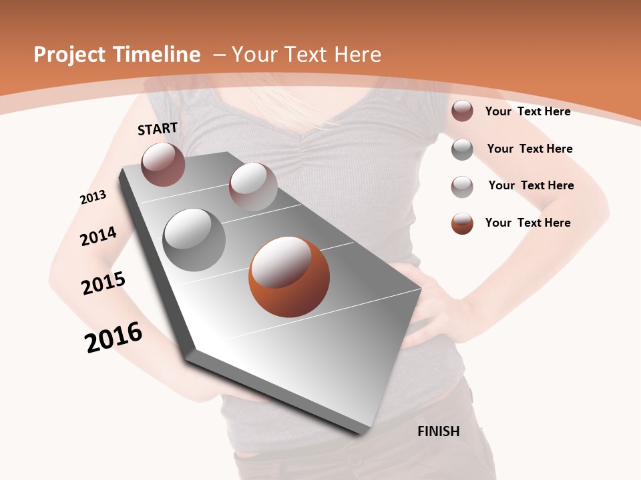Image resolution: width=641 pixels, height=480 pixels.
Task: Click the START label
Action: [158, 129]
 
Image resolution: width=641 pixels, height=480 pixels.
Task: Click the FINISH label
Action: [438, 431]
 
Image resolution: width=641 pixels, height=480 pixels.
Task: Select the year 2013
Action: [93, 197]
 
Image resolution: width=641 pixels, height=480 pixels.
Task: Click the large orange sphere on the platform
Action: [289, 277]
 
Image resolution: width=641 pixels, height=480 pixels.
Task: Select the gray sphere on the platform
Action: [194, 240]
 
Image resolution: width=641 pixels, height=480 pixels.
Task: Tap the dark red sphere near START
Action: [163, 164]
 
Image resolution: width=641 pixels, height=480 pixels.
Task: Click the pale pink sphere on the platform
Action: [253, 187]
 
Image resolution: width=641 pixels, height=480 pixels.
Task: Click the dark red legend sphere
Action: [462, 111]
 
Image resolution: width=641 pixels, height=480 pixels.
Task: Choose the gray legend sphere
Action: [462, 149]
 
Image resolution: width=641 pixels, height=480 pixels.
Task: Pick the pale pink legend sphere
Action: [462, 187]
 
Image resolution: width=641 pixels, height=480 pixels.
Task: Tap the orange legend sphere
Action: [462, 223]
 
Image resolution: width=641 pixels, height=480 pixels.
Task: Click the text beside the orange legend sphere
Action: [527, 223]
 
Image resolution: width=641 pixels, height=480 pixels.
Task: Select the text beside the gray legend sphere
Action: [529, 149]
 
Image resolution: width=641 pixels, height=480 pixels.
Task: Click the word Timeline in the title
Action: [157, 55]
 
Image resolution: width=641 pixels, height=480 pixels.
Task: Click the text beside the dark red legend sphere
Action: [527, 111]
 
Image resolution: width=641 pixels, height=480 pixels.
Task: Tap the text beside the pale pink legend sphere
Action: [531, 185]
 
